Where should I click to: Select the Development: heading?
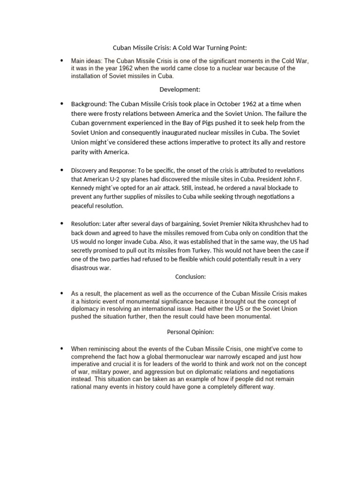point(180,89)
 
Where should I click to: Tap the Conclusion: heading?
point(190,277)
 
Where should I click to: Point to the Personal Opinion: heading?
point(190,332)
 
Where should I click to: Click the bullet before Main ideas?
point(61,60)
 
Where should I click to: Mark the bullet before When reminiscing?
point(61,348)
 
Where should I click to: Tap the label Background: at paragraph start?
point(89,104)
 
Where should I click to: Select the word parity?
point(80,152)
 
